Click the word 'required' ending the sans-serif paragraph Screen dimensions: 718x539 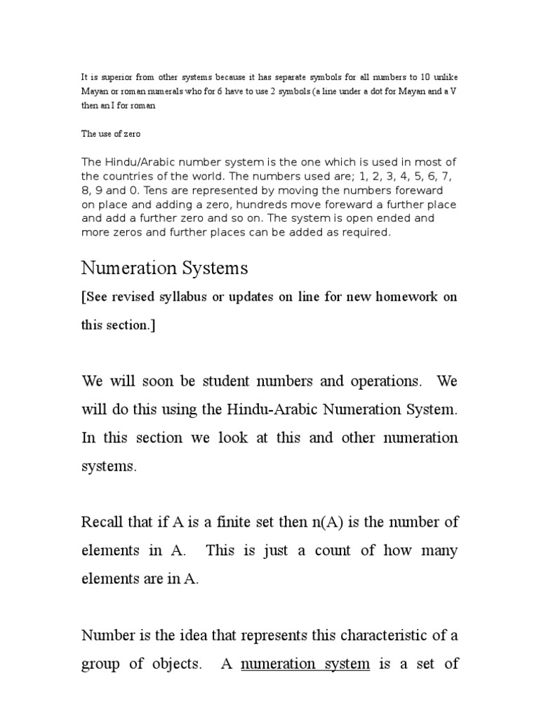coord(365,232)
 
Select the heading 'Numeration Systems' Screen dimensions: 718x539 coord(164,268)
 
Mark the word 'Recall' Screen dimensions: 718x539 coord(102,522)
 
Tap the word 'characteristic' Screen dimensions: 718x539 coord(393,635)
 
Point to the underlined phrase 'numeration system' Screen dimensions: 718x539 coord(305,663)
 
